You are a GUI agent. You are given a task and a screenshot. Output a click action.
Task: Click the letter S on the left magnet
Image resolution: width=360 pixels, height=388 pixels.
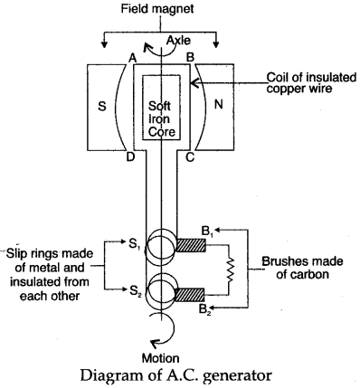click(102, 106)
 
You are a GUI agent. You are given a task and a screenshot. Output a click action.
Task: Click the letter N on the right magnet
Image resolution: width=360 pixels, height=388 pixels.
click(218, 104)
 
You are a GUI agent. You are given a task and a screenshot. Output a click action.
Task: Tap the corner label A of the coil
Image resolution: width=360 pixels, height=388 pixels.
click(132, 58)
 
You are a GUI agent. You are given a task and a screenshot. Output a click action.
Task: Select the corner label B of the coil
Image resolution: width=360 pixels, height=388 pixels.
click(190, 57)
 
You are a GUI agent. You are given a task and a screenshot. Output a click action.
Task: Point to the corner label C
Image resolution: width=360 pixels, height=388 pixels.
click(190, 157)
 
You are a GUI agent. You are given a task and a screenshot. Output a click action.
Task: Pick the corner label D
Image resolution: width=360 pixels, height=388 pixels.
click(130, 157)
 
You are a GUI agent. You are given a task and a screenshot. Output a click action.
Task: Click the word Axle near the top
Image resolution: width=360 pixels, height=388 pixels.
click(179, 40)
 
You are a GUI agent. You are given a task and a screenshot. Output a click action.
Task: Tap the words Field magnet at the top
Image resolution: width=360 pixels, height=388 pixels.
click(157, 9)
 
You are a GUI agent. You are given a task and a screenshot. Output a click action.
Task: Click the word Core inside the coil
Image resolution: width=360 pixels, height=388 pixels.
click(162, 132)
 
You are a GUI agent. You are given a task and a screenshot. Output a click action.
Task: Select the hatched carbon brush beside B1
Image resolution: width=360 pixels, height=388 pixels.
click(191, 245)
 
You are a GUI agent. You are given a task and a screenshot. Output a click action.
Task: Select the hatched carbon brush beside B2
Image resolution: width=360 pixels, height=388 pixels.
click(190, 295)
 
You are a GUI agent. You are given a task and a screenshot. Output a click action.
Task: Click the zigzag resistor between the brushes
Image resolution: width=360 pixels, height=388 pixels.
click(230, 270)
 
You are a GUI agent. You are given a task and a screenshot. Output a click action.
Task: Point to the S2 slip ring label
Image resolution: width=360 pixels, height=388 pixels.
click(136, 291)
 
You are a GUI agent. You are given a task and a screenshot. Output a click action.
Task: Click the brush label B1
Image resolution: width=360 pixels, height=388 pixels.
click(208, 232)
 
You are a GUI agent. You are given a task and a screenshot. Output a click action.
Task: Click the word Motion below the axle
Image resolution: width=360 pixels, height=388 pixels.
click(161, 358)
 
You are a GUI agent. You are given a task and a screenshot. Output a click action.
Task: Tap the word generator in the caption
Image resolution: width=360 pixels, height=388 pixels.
click(239, 376)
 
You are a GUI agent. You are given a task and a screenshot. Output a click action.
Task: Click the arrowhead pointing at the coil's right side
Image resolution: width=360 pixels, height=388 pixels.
click(194, 82)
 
